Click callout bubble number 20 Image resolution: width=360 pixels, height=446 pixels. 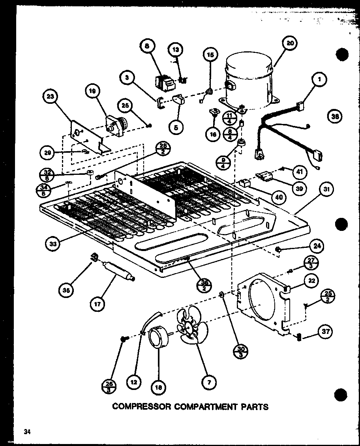[x=290, y=44]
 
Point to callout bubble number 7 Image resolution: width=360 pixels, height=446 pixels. [x=209, y=382]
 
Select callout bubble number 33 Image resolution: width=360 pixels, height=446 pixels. [x=53, y=244]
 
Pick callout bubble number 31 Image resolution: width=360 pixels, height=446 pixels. [x=326, y=190]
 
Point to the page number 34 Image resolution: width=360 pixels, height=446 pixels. [x=27, y=431]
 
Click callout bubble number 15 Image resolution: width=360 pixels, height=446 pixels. [x=210, y=55]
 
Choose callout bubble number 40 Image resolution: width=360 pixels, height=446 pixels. [x=279, y=197]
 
